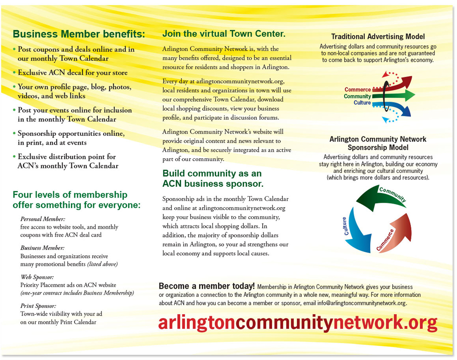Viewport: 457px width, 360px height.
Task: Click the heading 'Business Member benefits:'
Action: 79,34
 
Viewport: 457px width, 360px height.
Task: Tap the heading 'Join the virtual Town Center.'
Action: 224,34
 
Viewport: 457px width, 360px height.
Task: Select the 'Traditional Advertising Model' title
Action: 378,37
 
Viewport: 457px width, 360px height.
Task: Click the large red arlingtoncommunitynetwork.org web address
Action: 298,323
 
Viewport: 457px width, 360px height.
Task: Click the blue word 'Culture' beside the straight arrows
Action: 362,103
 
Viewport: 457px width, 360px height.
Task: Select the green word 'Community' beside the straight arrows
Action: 357,97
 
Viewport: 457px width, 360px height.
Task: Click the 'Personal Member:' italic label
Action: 43,219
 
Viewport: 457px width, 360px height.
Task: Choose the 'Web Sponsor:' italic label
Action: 37,277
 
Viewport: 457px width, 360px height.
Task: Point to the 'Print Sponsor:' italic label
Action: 38,306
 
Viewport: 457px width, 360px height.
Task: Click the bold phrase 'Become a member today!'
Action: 207,286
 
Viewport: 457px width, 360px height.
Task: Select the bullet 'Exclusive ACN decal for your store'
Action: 73,72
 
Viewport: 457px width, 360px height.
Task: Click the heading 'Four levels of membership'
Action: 70,195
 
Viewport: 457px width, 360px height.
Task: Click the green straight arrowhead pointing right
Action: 409,96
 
